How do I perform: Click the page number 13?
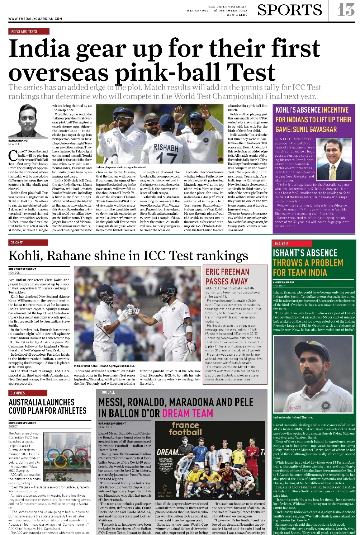pyautogui.click(x=346, y=10)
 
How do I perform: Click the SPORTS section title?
pyautogui.click(x=289, y=10)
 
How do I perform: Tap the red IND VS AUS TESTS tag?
pyautogui.click(x=24, y=32)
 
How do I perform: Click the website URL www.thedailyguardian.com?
pyautogui.click(x=35, y=19)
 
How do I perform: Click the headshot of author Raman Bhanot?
pyautogui.click(x=28, y=121)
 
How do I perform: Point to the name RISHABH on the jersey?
pyautogui.click(x=166, y=147)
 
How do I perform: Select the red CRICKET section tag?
pyautogui.click(x=16, y=243)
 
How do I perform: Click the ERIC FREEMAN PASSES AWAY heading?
pyautogui.click(x=227, y=276)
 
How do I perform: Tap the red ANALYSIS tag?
pyautogui.click(x=281, y=244)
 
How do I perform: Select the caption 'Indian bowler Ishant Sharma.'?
pyautogui.click(x=293, y=417)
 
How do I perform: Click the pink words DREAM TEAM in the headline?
pyautogui.click(x=188, y=413)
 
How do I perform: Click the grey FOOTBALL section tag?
pyautogui.click(x=108, y=392)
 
